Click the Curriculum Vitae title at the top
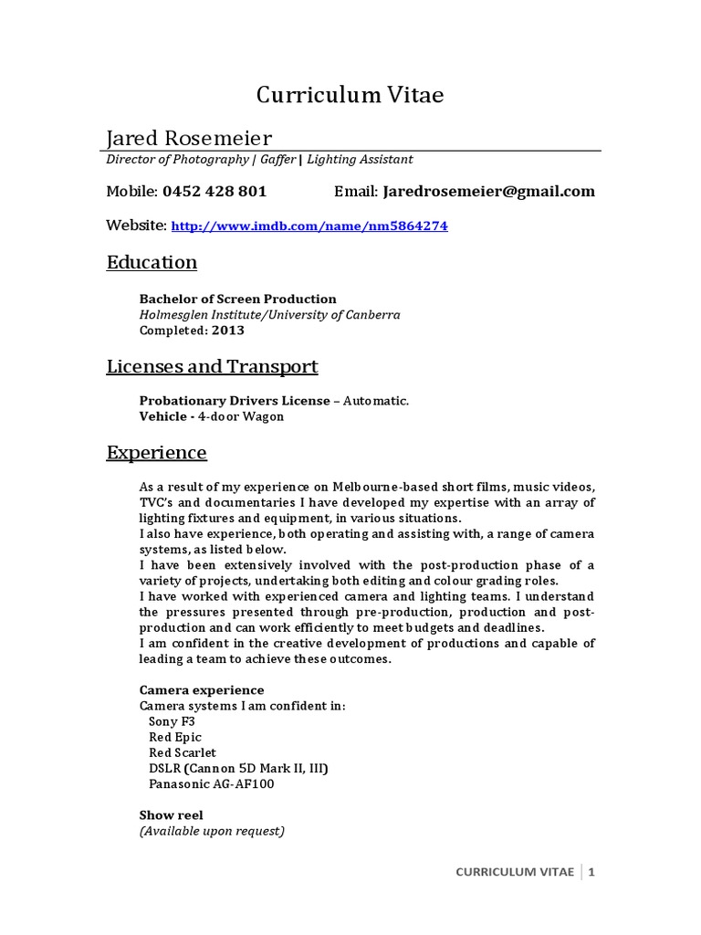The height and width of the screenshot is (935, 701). point(350,95)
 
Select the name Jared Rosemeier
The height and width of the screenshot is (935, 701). point(188,138)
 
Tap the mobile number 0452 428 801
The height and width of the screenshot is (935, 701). point(214,192)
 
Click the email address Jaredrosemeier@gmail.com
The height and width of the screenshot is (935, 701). point(489,192)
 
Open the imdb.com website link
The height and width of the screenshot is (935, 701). point(309,226)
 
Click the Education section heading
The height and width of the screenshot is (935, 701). point(152,263)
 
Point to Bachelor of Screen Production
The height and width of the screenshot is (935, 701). point(237,299)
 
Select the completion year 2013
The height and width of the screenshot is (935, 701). point(228,331)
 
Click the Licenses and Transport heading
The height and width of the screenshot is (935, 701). point(212,367)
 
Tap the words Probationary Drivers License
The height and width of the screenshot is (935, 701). point(238,401)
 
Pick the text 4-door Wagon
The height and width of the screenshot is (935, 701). point(243,416)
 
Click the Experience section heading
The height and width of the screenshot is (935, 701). point(156,453)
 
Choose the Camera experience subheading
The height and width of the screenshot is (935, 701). point(201,689)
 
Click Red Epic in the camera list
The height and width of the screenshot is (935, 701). point(175,737)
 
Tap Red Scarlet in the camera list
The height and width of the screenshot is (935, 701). point(183,752)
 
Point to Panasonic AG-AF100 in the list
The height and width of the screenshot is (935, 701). point(211,783)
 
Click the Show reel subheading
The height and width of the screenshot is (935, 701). point(171,814)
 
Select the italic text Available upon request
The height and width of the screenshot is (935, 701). point(212,831)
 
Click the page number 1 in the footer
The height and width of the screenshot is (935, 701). point(591,872)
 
